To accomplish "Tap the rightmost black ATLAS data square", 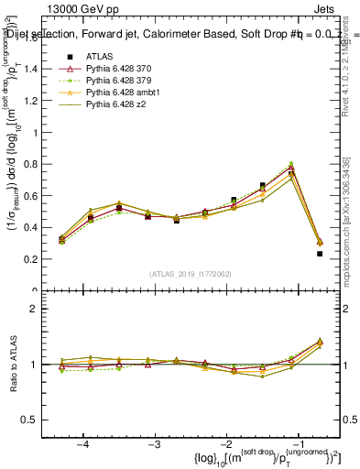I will point(320,254).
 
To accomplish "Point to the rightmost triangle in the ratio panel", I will point(320,342).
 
